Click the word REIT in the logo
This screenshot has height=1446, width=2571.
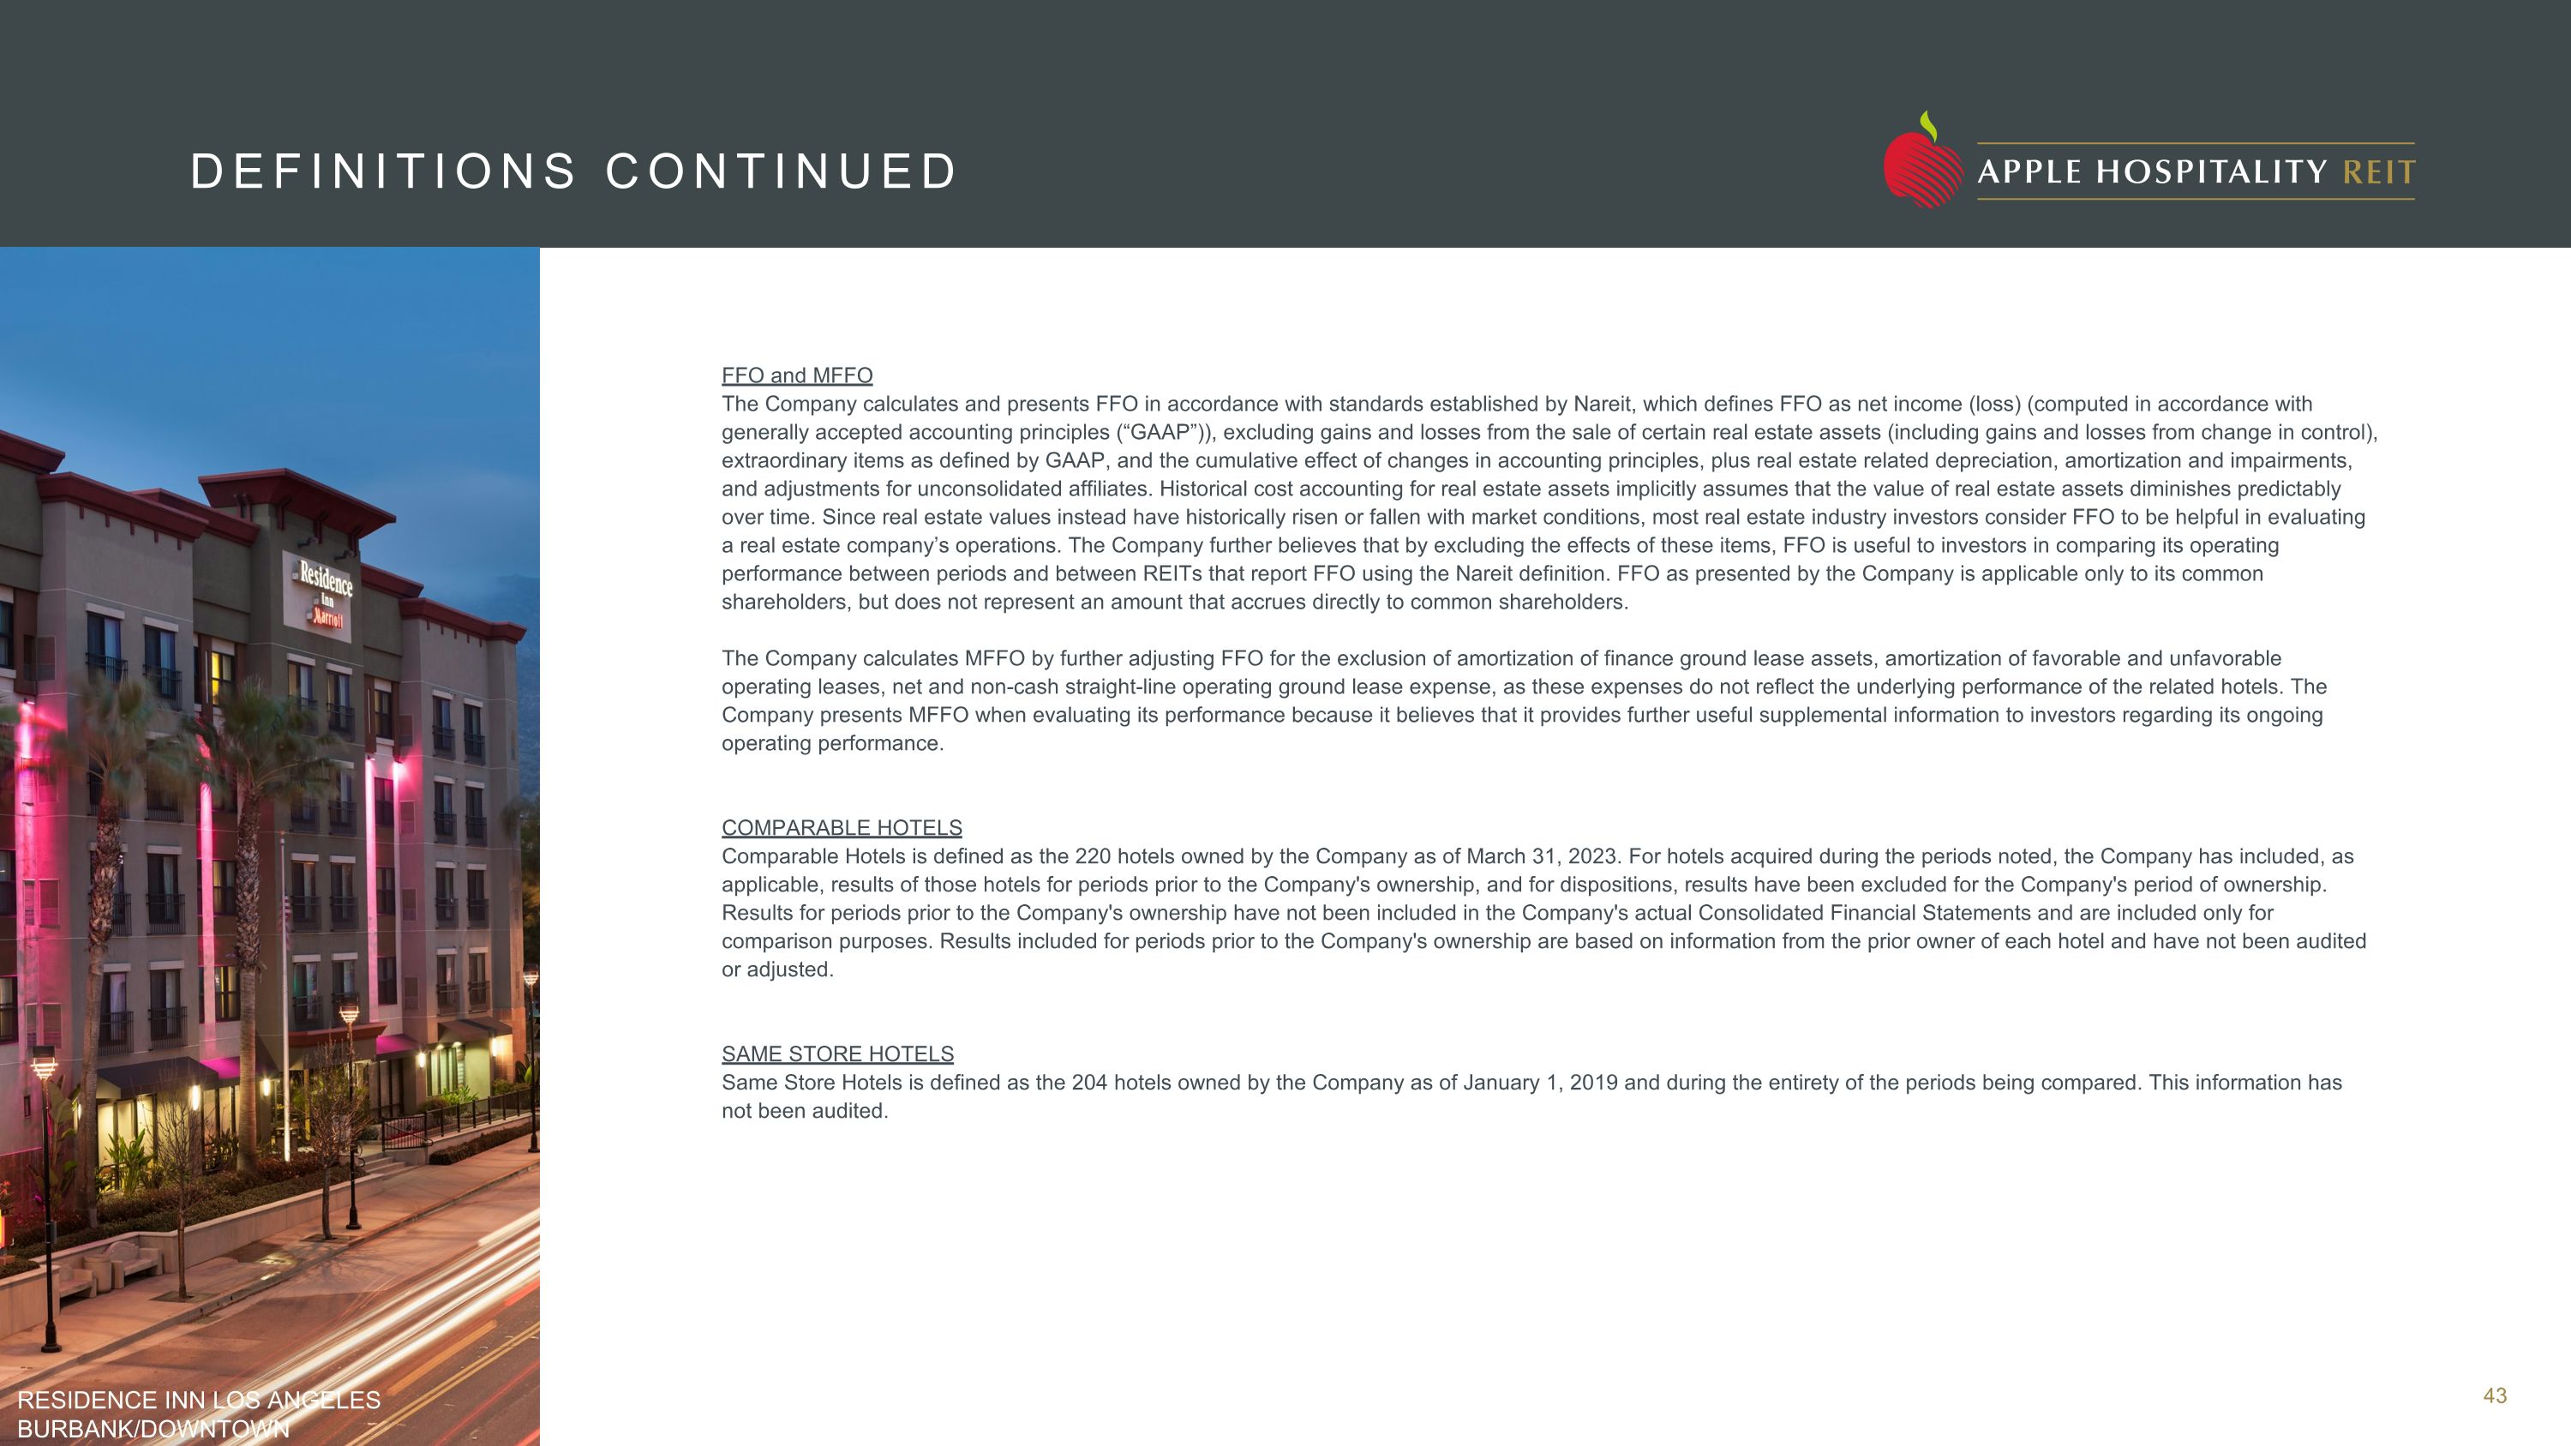pos(2378,172)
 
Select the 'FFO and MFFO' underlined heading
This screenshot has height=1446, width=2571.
pos(796,376)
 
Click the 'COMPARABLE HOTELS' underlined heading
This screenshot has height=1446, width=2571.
pos(842,828)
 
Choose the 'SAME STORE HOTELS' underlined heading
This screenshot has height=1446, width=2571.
pos(837,1055)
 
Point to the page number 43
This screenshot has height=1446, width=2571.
pos(2494,1396)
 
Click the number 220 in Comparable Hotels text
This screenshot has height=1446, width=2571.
pos(1092,857)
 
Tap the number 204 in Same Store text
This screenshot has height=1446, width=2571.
pos(1089,1083)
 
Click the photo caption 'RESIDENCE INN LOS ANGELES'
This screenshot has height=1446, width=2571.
pos(199,1400)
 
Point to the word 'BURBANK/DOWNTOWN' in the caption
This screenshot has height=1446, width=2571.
pos(153,1429)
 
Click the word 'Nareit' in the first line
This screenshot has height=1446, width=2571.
pos(1602,405)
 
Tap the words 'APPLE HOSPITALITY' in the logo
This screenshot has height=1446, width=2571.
pos(2153,172)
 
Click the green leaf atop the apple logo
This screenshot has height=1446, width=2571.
pos(1929,126)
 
